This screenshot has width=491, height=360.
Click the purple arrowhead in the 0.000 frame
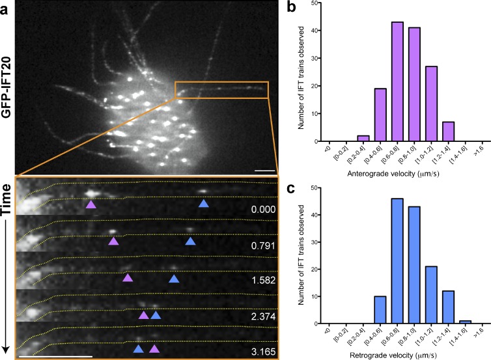coord(91,204)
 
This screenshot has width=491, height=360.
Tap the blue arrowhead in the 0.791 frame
coord(190,242)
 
